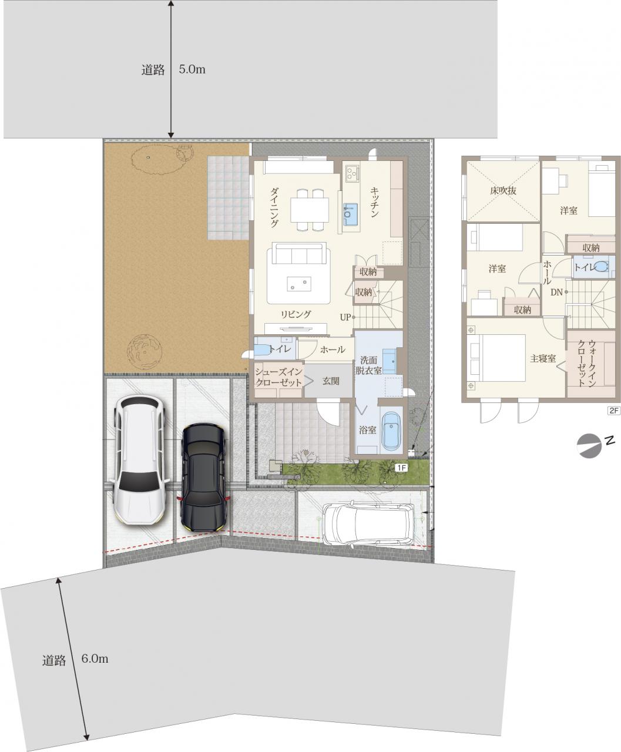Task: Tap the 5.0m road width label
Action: [x=192, y=69]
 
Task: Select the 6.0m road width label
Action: [x=95, y=659]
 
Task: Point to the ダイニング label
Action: [x=274, y=207]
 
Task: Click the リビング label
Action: [x=296, y=314]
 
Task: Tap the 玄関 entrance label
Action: [x=331, y=381]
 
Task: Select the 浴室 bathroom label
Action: [x=367, y=430]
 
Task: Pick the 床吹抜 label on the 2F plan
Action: [x=503, y=190]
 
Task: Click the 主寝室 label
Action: [x=543, y=359]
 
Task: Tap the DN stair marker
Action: [x=556, y=292]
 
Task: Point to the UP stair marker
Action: [x=345, y=317]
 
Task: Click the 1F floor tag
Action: [x=402, y=468]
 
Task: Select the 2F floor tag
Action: [x=614, y=410]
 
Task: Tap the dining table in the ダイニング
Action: [x=310, y=210]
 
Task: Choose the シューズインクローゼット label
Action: [x=278, y=377]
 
